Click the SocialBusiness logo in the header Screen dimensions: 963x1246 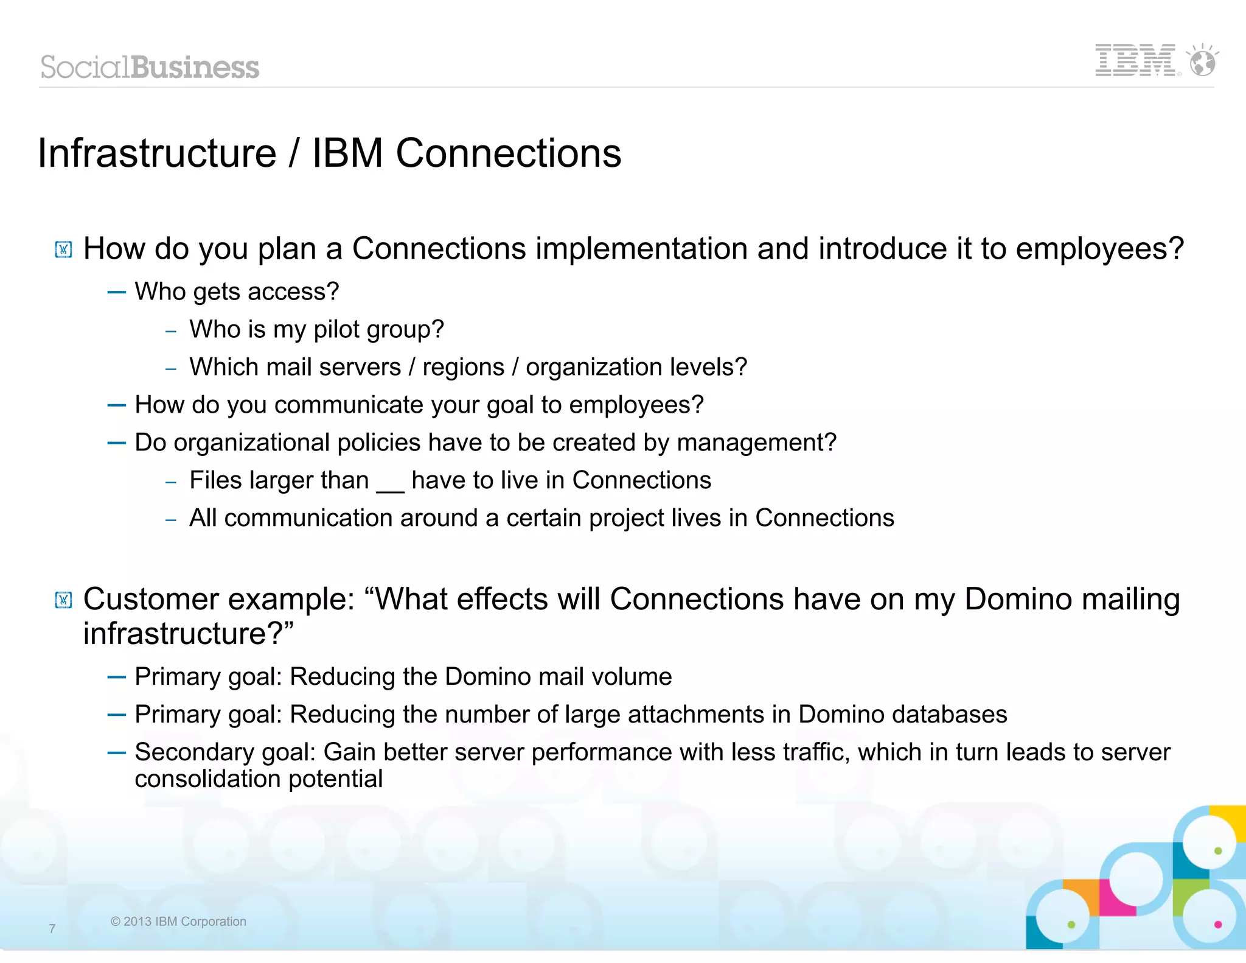coord(150,67)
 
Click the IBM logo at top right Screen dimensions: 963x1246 coord(1135,60)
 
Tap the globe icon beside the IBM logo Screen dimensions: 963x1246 coord(1203,61)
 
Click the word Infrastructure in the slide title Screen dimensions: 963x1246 coord(157,153)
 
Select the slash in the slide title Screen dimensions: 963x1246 coord(294,153)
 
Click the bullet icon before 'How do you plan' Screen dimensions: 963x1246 coord(63,250)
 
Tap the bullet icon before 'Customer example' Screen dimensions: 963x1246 coord(63,601)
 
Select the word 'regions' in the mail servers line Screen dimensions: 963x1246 coord(464,367)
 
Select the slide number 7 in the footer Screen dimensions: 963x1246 coord(52,928)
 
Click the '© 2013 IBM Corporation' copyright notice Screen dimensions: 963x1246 coord(178,922)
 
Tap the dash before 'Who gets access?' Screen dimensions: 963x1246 coord(116,292)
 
